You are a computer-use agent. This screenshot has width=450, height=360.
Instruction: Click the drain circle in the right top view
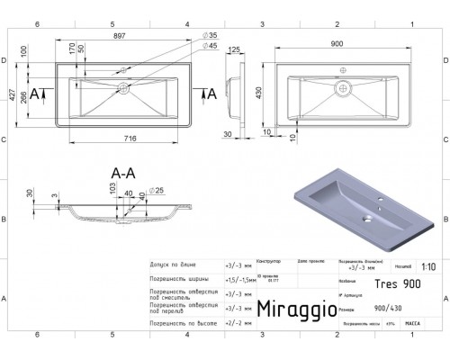[x=341, y=87]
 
